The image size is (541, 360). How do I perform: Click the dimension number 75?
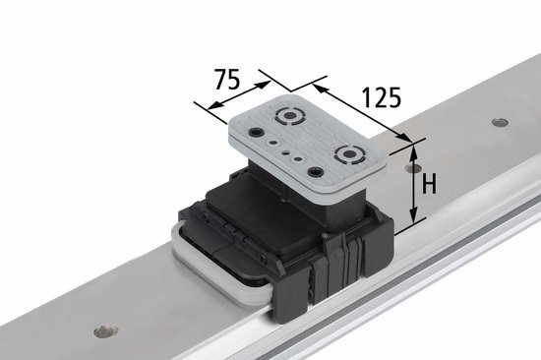tap(227, 79)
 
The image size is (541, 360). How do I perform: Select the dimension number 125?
tap(382, 97)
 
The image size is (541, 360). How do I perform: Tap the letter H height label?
tap(429, 184)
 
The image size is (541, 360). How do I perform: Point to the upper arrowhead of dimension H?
tap(414, 151)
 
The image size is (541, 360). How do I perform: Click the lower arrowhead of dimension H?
tap(414, 215)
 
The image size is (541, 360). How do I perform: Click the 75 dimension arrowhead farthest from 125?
tap(214, 105)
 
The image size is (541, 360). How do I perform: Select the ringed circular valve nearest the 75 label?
tap(290, 115)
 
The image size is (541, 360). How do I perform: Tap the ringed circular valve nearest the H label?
tap(349, 154)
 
